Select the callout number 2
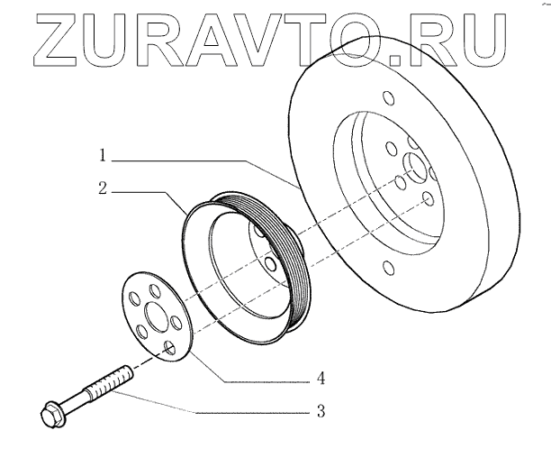(104, 190)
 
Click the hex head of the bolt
(52, 416)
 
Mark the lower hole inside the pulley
(269, 263)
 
